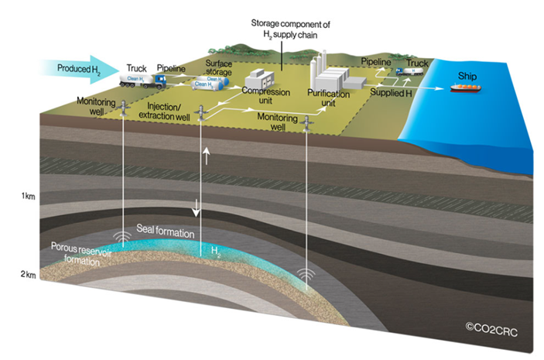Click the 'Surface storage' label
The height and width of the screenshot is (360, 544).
[219, 69]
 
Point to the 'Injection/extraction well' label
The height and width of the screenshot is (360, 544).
[165, 109]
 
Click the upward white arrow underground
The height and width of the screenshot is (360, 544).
[205, 158]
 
